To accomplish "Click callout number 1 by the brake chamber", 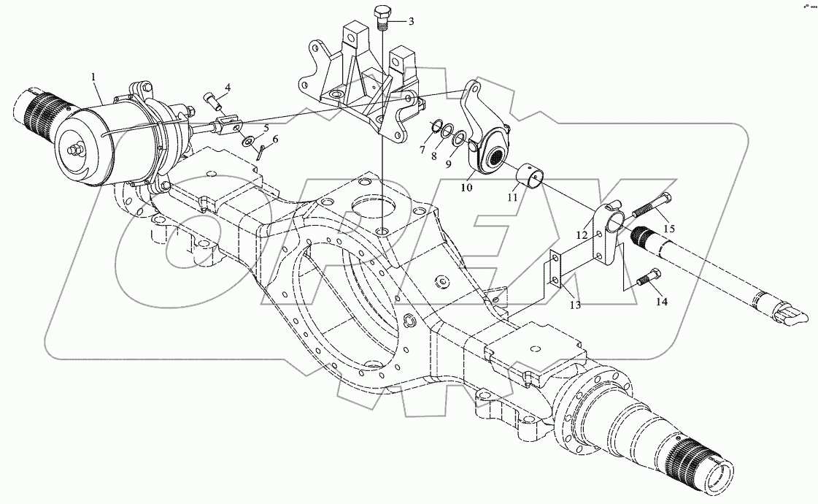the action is [x=93, y=76].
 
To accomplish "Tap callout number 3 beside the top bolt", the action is [x=411, y=22].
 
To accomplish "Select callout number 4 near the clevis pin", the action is [x=228, y=88].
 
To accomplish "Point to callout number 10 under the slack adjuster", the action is [x=467, y=188].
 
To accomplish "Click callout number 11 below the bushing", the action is [x=513, y=197].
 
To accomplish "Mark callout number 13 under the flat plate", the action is [x=576, y=305].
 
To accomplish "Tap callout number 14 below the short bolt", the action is [x=661, y=300].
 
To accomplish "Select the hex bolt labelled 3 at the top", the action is [x=382, y=15].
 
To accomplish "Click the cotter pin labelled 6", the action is [x=263, y=152].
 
